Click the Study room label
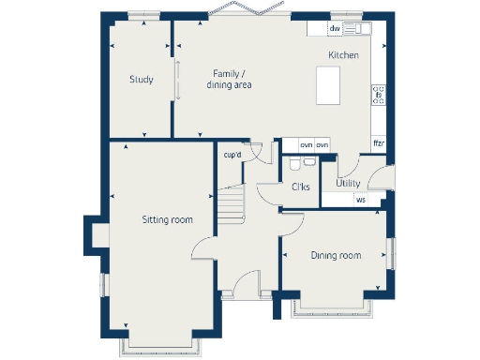pyautogui.click(x=142, y=80)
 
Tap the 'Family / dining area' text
pyautogui.click(x=229, y=80)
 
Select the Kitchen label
pyautogui.click(x=342, y=56)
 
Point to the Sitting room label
pyautogui.click(x=167, y=220)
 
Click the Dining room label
pyautogui.click(x=336, y=255)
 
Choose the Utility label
pyautogui.click(x=349, y=184)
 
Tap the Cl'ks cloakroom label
pyautogui.click(x=302, y=187)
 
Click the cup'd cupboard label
pyautogui.click(x=232, y=155)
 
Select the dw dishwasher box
pyautogui.click(x=335, y=29)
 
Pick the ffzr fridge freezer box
pyautogui.click(x=379, y=143)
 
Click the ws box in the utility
pyautogui.click(x=361, y=200)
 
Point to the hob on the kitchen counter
pyautogui.click(x=379, y=95)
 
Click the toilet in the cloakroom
pyautogui.click(x=295, y=165)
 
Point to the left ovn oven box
pyautogui.click(x=307, y=145)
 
